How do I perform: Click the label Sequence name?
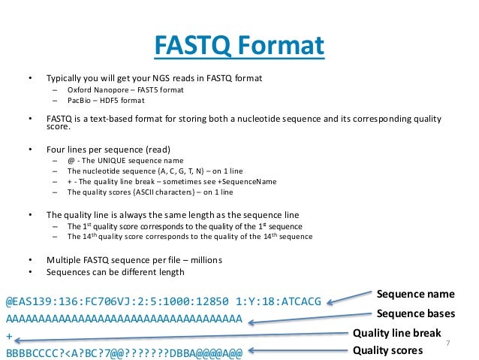click(415, 294)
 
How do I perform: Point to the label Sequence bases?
click(415, 313)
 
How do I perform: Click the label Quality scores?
click(387, 350)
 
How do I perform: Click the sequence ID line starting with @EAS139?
click(164, 301)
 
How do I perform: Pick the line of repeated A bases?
click(124, 319)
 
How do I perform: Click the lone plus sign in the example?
click(9, 335)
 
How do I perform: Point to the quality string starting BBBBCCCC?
click(124, 352)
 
